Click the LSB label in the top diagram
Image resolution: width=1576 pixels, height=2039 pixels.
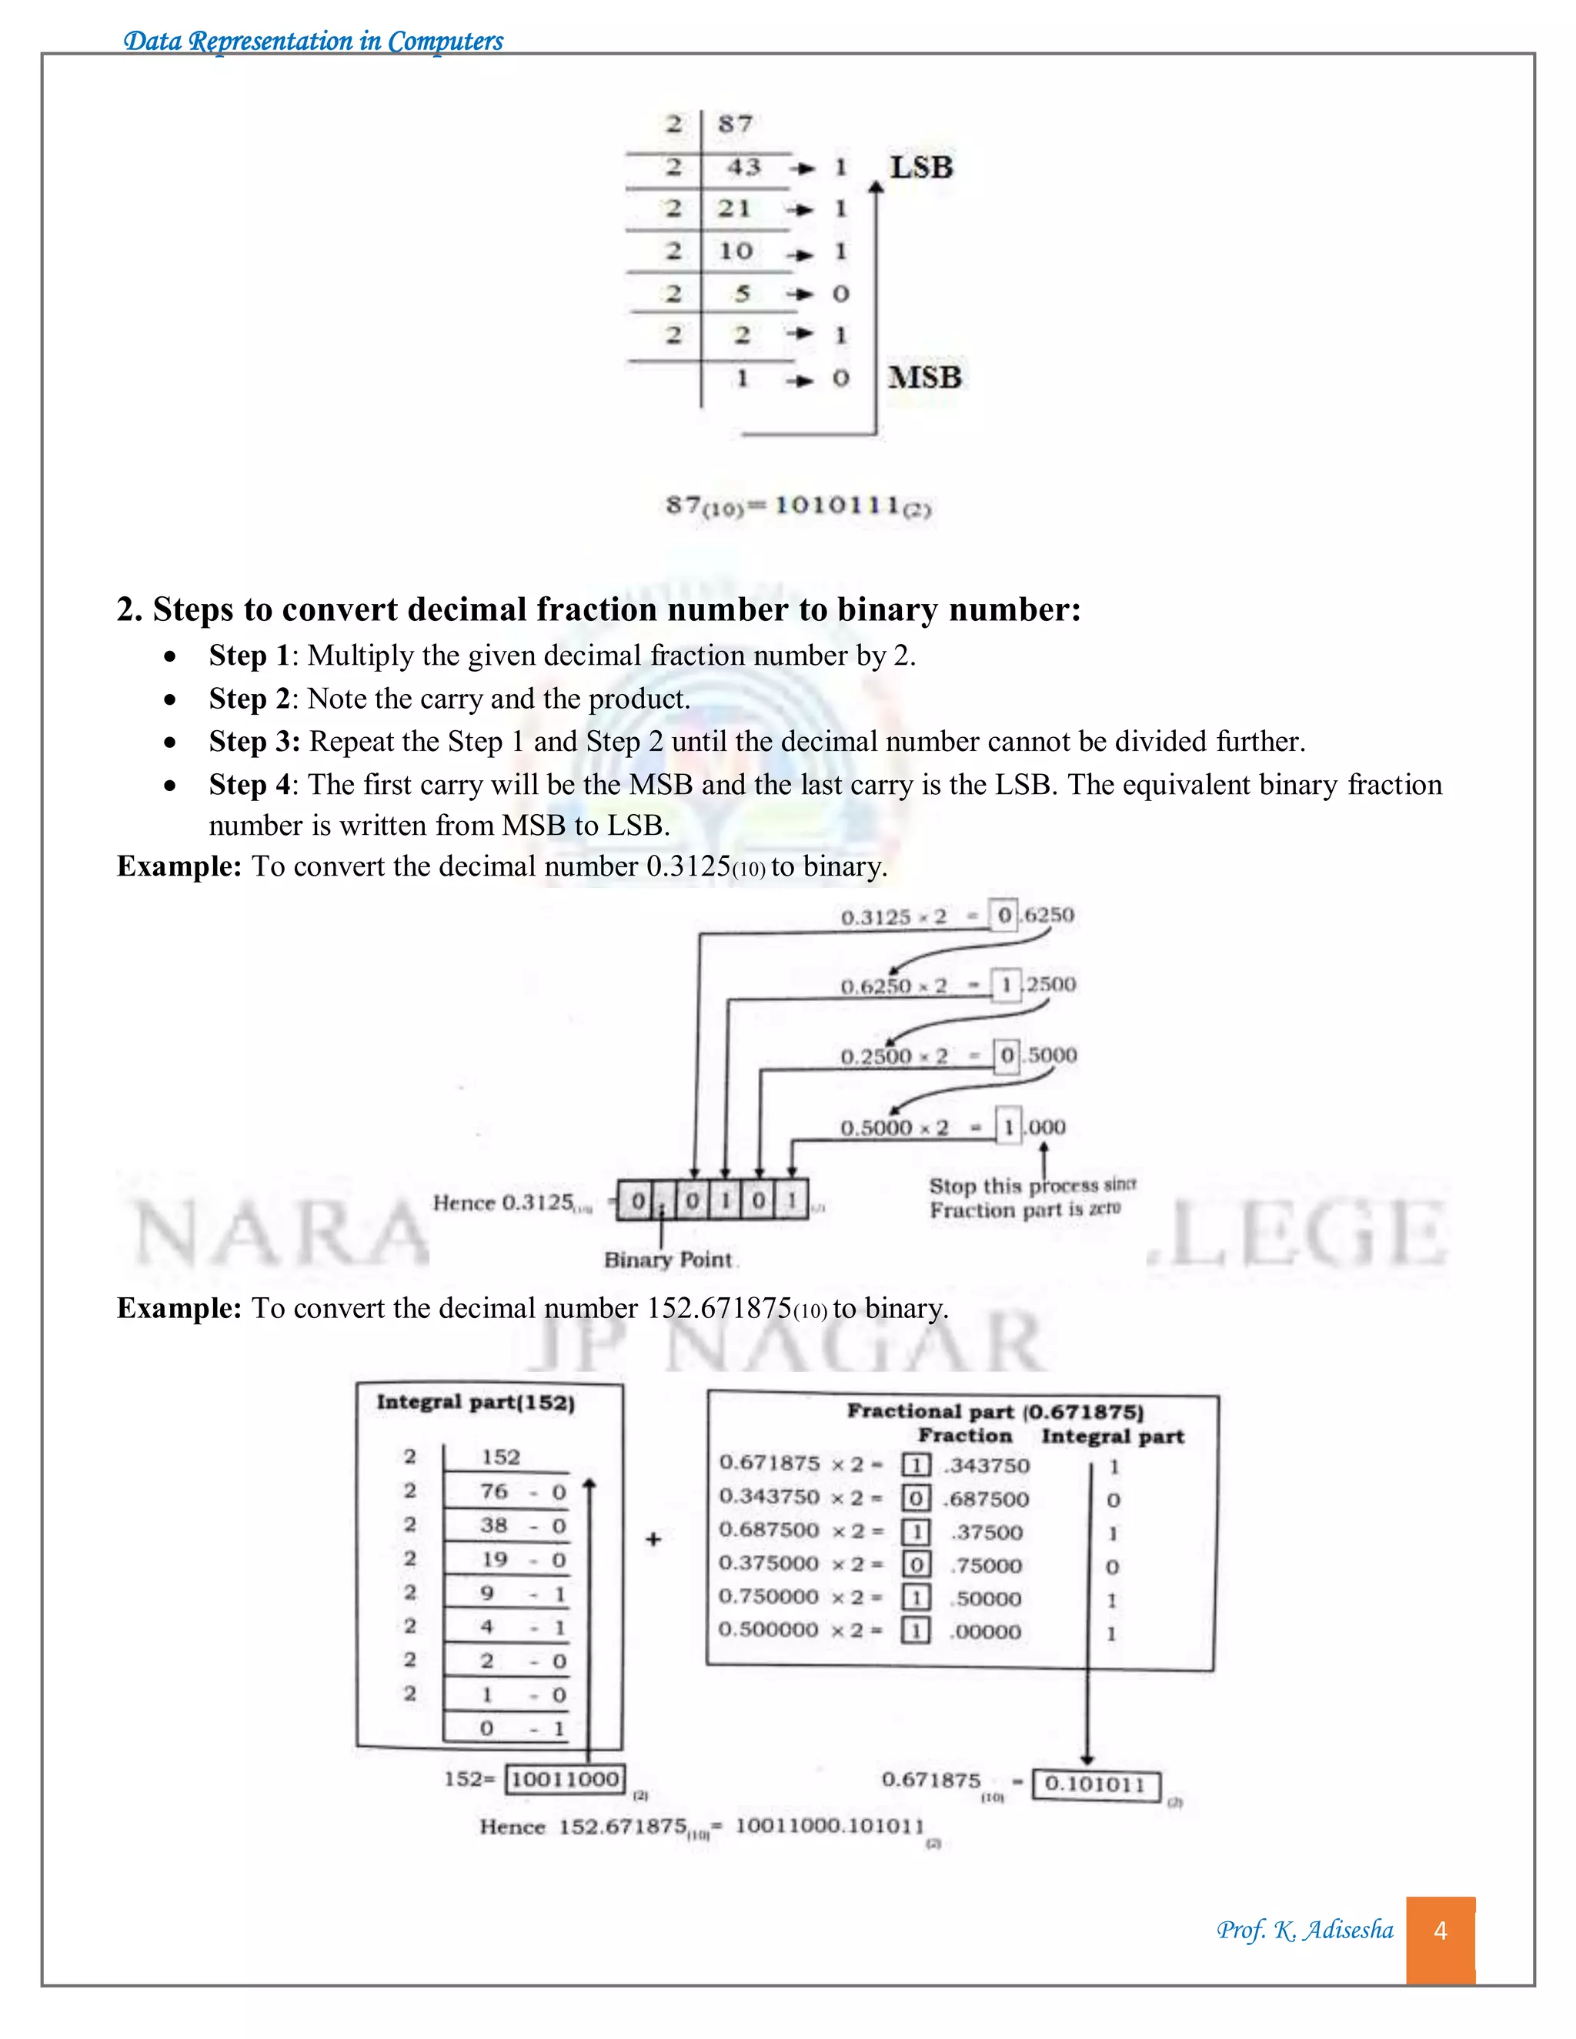coord(920,168)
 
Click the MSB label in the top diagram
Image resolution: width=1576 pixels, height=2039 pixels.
coord(924,377)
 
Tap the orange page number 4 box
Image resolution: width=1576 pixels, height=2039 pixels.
coord(1440,1931)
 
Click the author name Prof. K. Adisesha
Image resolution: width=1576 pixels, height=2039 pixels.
coord(1304,1930)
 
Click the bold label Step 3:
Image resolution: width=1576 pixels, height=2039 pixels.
coord(254,741)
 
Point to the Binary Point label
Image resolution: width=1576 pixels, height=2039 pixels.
coord(667,1260)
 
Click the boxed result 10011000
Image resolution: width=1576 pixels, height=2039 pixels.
coord(565,1778)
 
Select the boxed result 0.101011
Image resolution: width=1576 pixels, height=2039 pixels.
coord(1095,1784)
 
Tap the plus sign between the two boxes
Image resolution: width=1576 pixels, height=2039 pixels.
coord(653,1539)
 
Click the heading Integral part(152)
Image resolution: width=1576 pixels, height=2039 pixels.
coord(476,1402)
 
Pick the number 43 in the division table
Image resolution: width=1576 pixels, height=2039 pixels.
coord(744,167)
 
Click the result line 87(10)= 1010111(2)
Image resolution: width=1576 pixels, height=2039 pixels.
coord(798,506)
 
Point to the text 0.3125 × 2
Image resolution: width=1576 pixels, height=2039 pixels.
coord(893,917)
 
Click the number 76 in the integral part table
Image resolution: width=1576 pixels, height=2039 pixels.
coord(495,1491)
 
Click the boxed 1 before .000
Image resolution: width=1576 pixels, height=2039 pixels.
coord(1008,1127)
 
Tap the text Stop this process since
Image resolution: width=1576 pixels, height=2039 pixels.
coord(1032,1186)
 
